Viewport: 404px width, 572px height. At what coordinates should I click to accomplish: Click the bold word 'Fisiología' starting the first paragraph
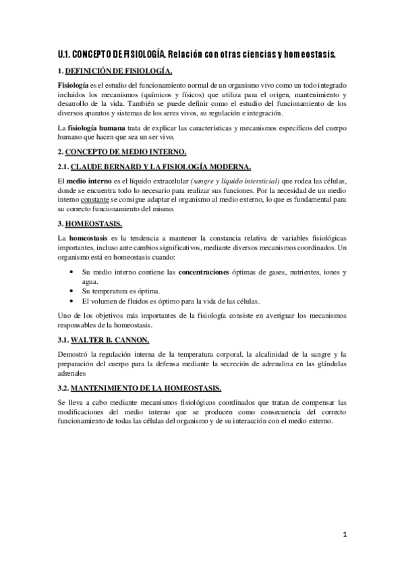point(73,84)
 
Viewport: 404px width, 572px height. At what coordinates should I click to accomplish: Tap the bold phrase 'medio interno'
point(90,180)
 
